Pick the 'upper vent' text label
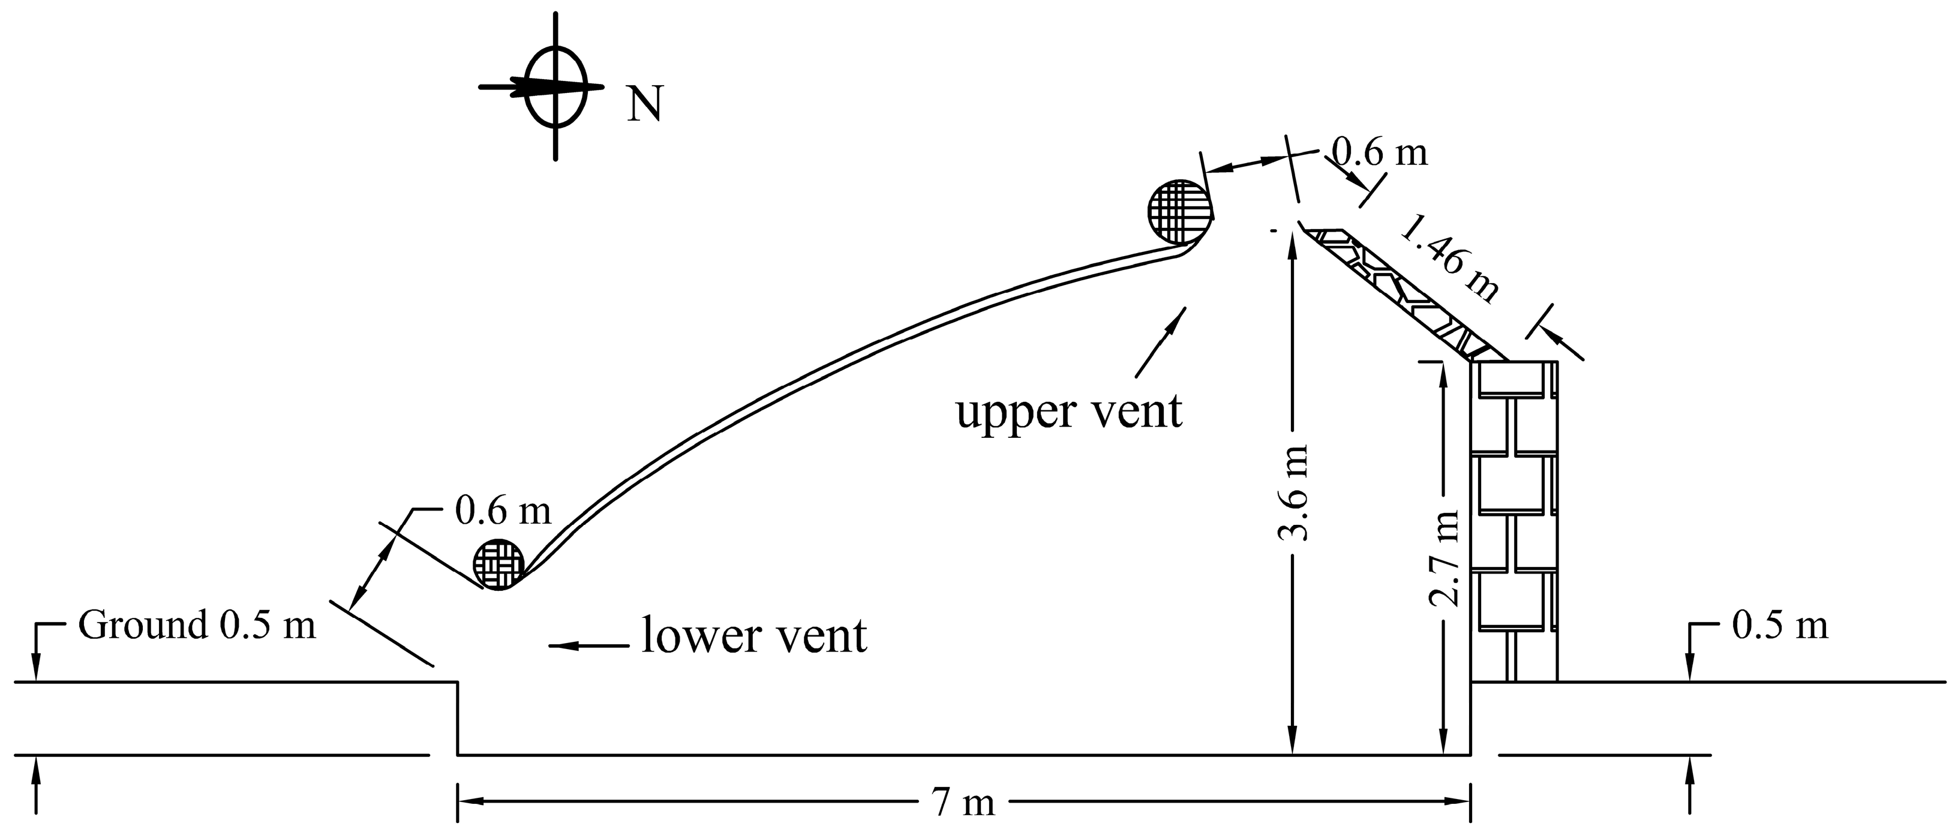click(x=1068, y=412)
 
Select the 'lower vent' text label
click(x=753, y=635)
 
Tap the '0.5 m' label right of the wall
click(x=1780, y=626)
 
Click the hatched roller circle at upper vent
click(x=1179, y=212)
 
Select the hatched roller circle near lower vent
click(x=498, y=564)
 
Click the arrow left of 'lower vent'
click(x=588, y=646)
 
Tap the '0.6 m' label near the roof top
click(x=1380, y=152)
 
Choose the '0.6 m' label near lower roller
click(x=503, y=511)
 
